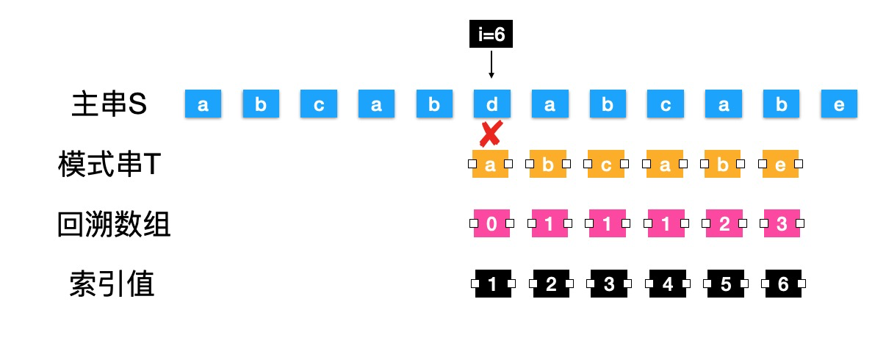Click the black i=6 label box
click(x=491, y=35)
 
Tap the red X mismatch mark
click(x=490, y=134)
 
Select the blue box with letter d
click(x=491, y=105)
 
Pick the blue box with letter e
click(x=839, y=105)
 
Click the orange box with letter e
click(x=781, y=165)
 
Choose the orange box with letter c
click(x=606, y=165)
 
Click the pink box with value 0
click(x=491, y=223)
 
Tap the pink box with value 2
click(x=723, y=223)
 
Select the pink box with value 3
click(x=781, y=223)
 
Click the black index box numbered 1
click(x=491, y=284)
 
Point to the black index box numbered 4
click(x=666, y=284)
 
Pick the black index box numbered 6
click(x=782, y=284)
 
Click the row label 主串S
click(x=110, y=105)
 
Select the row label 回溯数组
click(x=114, y=224)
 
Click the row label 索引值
click(x=112, y=284)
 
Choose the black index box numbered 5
click(x=724, y=284)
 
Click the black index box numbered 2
click(x=550, y=284)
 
